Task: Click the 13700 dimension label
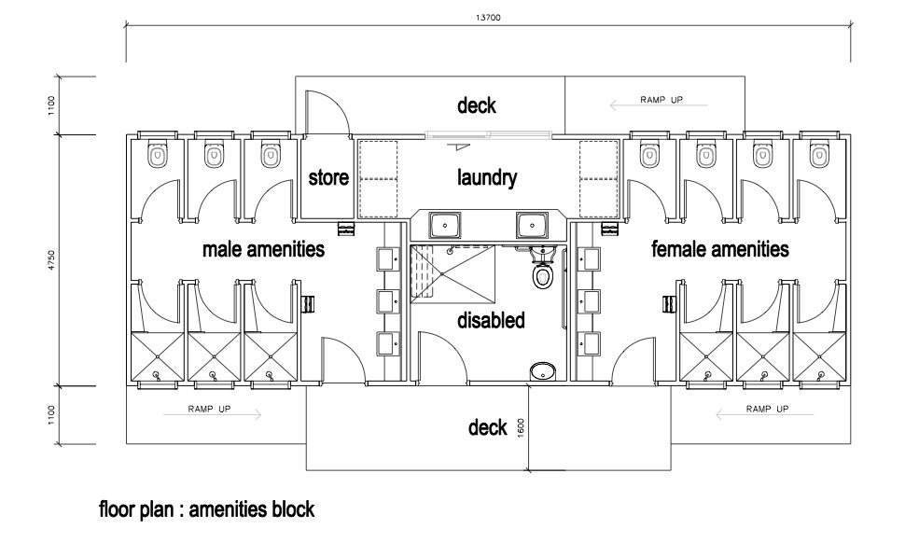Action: pyautogui.click(x=488, y=18)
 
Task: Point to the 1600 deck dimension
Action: pyautogui.click(x=521, y=427)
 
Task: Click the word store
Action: pyautogui.click(x=328, y=177)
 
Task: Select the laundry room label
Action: pyautogui.click(x=487, y=177)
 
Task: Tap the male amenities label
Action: pyautogui.click(x=263, y=249)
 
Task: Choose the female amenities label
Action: pyautogui.click(x=719, y=249)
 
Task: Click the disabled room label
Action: pyautogui.click(x=491, y=320)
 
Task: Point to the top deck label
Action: pyautogui.click(x=477, y=105)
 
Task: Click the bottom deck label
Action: pyautogui.click(x=488, y=427)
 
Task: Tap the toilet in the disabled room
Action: pyautogui.click(x=542, y=269)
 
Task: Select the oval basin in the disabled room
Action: pyautogui.click(x=543, y=370)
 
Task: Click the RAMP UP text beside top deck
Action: pyautogui.click(x=661, y=100)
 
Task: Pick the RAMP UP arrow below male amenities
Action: pyautogui.click(x=212, y=415)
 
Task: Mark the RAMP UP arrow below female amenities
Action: pyautogui.click(x=764, y=415)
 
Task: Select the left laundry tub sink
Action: pyautogui.click(x=445, y=225)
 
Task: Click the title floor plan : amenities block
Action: pyautogui.click(x=207, y=509)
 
